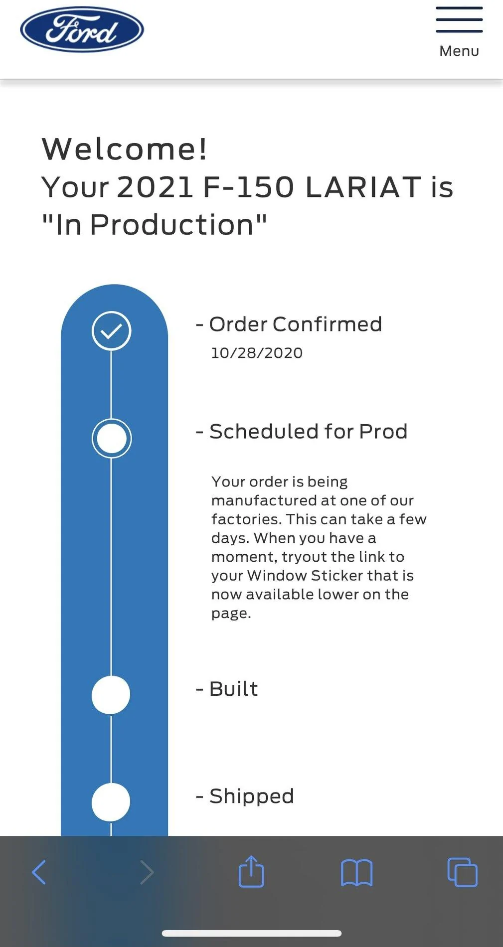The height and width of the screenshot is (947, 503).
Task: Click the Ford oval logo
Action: point(82,29)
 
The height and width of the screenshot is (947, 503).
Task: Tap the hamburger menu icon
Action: point(459,20)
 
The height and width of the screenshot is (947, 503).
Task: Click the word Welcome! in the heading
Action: point(125,149)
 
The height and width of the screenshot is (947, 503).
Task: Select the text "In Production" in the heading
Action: point(155,225)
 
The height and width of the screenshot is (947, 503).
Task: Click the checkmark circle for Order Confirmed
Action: point(111,331)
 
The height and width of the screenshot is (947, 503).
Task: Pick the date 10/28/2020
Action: point(257,353)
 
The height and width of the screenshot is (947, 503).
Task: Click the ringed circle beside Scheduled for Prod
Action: point(111,438)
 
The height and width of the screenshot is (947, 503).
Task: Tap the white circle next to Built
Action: point(111,695)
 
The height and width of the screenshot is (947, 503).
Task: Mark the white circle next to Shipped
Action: point(111,802)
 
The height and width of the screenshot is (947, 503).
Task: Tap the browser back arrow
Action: point(39,872)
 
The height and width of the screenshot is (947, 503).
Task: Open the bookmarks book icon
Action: point(356,873)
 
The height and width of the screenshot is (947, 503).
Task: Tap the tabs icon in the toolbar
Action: point(462,872)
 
